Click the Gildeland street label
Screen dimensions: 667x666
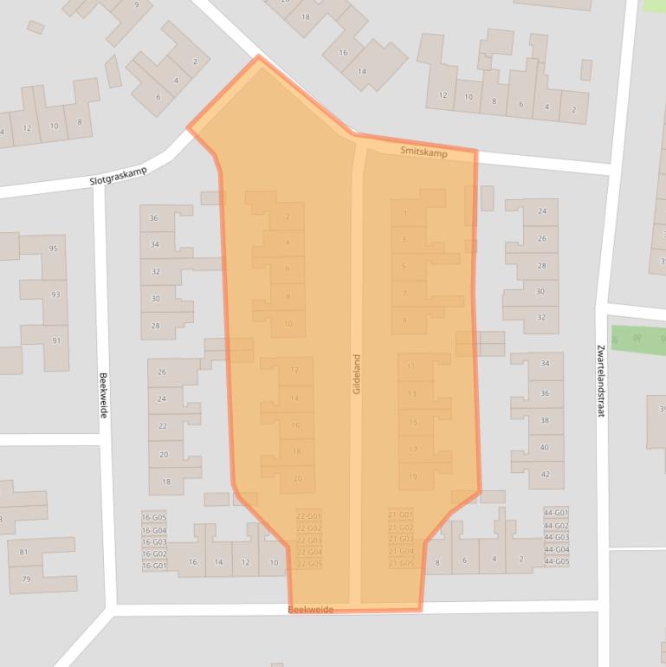[356, 375]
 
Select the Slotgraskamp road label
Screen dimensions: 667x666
[119, 176]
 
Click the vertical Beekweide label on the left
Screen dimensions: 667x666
[103, 395]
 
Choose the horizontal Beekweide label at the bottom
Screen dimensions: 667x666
[310, 610]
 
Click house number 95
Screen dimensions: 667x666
[54, 249]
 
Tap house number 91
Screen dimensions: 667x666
[56, 340]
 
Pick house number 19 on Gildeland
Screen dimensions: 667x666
[413, 476]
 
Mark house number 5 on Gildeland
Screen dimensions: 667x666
[404, 266]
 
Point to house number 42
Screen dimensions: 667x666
[545, 474]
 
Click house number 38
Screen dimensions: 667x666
[545, 420]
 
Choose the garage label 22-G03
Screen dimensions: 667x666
[308, 540]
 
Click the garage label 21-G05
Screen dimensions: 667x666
[401, 564]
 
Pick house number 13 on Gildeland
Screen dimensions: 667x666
[412, 394]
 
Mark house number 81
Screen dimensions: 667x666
[24, 552]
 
